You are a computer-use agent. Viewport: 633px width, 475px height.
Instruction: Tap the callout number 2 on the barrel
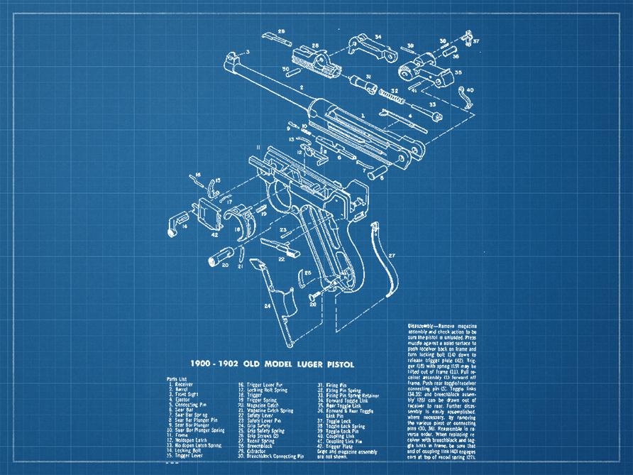(302, 87)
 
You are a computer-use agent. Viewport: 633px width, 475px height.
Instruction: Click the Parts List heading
(178, 379)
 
